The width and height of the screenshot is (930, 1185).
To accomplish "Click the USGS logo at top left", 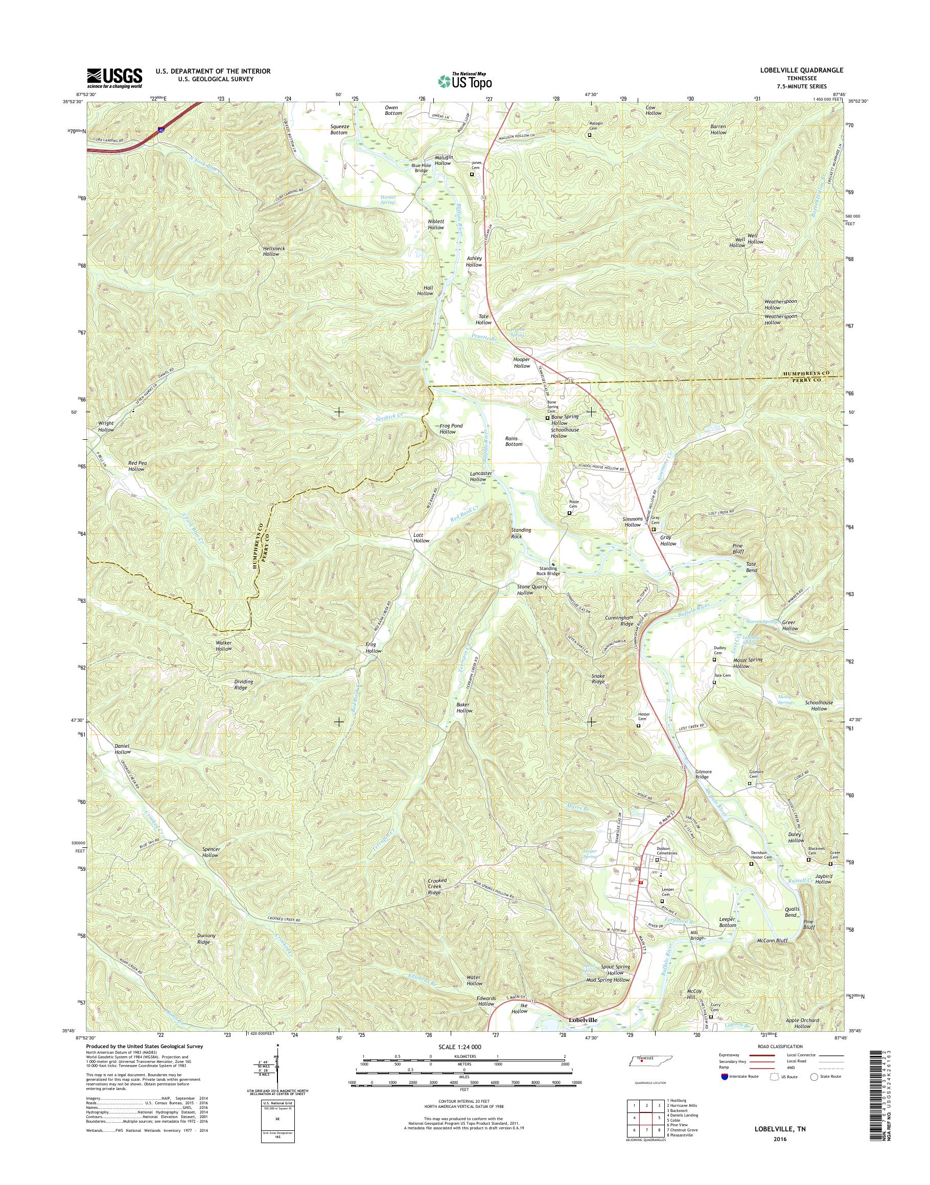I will pos(114,78).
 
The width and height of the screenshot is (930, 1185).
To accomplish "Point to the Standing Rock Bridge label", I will pos(546,571).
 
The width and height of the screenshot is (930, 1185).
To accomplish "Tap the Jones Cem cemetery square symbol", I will pos(472,174).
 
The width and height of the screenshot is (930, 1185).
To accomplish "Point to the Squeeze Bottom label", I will pos(339,129).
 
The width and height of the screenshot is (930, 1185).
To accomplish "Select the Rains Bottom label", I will pos(514,441).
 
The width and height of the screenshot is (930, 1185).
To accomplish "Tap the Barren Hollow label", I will pos(718,129).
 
